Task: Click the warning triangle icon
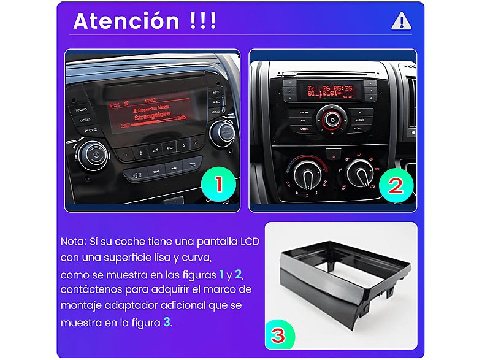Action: pos(401,21)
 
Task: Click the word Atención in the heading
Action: pos(126,21)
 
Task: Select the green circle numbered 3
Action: pos(278,335)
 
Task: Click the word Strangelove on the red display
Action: pos(151,115)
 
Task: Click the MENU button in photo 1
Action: pos(216,112)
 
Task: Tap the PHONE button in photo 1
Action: pos(91,131)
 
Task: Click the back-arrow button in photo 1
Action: pos(194,165)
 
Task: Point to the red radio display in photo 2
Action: pos(329,91)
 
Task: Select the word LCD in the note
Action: pos(250,242)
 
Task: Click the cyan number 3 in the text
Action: pos(166,321)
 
